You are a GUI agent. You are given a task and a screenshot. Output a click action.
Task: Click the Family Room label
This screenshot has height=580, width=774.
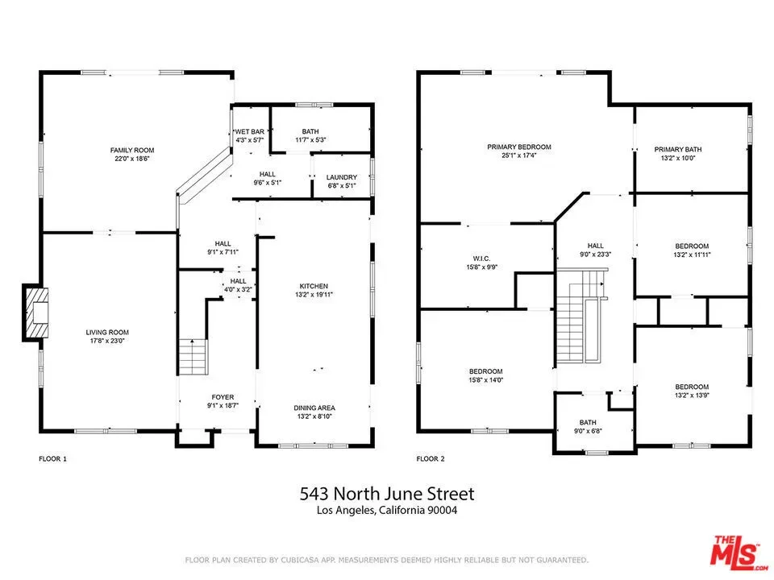click(131, 150)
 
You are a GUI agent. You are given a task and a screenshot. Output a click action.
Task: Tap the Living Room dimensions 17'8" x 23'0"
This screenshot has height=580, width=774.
click(107, 341)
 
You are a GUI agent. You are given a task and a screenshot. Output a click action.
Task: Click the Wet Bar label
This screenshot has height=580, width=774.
click(250, 131)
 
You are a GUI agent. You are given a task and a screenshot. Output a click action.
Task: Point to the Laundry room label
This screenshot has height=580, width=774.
click(342, 177)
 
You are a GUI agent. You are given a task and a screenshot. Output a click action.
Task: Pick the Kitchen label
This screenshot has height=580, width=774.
click(314, 286)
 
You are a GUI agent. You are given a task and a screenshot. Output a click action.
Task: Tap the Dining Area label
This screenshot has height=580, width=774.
click(314, 408)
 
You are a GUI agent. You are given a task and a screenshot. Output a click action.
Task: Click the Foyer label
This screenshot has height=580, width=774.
click(223, 397)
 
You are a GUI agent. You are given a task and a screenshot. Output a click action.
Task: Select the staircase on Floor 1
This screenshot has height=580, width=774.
click(193, 357)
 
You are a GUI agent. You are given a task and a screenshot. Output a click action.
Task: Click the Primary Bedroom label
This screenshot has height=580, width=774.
click(518, 147)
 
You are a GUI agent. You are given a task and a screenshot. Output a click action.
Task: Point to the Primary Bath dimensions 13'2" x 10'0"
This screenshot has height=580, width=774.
click(678, 159)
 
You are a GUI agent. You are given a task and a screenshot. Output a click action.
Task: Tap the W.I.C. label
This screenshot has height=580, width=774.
click(482, 259)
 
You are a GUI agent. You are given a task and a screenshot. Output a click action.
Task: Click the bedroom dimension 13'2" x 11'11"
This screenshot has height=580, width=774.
click(692, 255)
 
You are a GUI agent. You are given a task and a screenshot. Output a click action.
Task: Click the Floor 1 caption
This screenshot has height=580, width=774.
click(53, 458)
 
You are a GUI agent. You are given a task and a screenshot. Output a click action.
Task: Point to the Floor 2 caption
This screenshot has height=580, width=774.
click(431, 458)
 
